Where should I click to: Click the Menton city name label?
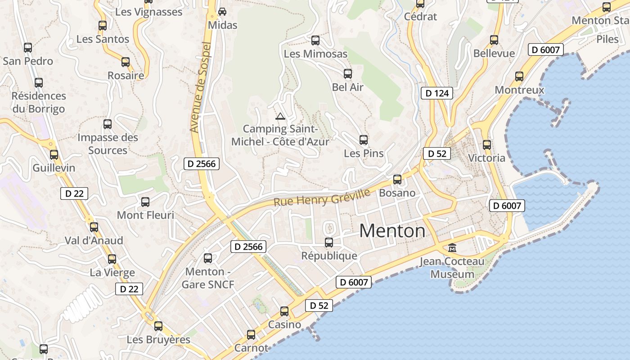tap(392, 231)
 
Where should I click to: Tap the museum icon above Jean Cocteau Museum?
tap(452, 247)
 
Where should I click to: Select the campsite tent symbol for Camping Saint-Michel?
tap(280, 117)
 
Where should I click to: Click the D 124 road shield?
tap(436, 93)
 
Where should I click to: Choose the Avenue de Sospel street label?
tap(201, 87)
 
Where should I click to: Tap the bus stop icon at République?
tap(329, 243)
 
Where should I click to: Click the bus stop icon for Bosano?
tap(397, 180)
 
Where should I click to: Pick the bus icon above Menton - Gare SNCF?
tap(208, 258)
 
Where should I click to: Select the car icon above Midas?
tap(222, 12)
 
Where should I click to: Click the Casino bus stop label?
tap(284, 324)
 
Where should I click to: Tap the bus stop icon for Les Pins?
tap(364, 140)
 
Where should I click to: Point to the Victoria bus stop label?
tap(486, 158)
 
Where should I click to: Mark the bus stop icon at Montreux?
tap(519, 76)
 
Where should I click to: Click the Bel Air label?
tap(347, 87)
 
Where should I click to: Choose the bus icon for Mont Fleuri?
tap(145, 202)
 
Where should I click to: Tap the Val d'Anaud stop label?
tap(94, 240)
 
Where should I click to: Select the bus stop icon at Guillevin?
tap(54, 155)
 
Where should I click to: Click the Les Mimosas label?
tap(315, 54)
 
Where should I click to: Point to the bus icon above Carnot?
tap(251, 335)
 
